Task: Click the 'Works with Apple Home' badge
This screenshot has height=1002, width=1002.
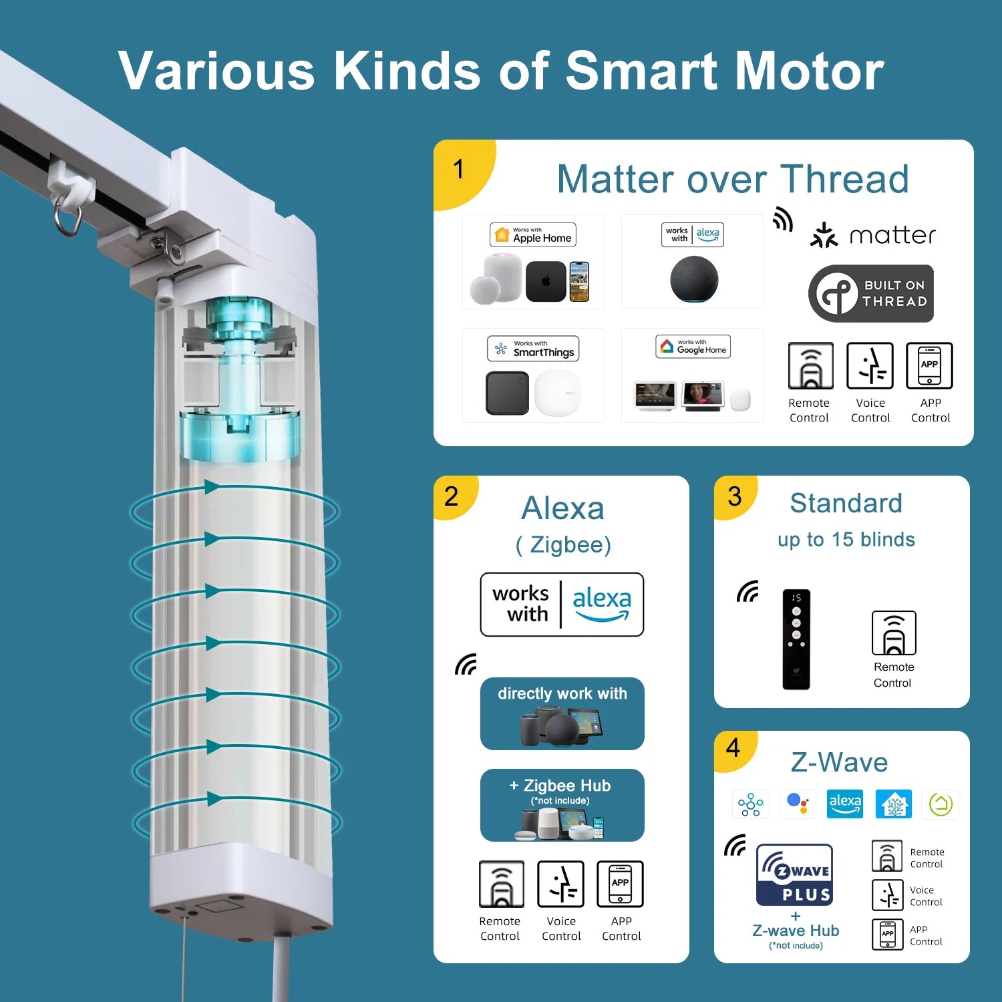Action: tap(532, 235)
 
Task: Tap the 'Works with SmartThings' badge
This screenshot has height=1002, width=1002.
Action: tap(533, 349)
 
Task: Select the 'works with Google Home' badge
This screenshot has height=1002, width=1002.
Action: tap(693, 347)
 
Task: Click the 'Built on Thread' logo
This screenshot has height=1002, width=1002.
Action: tap(870, 294)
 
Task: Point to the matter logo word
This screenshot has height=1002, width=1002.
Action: tap(892, 236)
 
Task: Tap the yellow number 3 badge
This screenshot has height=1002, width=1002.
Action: tap(734, 496)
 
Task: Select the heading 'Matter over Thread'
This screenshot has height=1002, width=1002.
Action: tap(733, 179)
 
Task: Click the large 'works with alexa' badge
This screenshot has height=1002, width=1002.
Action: tap(562, 605)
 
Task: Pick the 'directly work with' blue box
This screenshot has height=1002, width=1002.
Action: tap(562, 713)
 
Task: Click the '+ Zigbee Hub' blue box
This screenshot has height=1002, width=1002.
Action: tap(562, 805)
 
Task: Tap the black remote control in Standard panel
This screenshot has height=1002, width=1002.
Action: tap(796, 639)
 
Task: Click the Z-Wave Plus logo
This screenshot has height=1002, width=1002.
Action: tap(794, 874)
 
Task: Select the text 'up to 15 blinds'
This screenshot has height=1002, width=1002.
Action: tap(846, 540)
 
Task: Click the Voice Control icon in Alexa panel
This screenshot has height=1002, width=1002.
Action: tap(560, 884)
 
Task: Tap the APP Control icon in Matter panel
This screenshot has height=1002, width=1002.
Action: tap(929, 365)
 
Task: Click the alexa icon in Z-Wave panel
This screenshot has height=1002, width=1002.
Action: tap(845, 804)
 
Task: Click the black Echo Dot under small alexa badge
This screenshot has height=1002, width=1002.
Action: tap(694, 279)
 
